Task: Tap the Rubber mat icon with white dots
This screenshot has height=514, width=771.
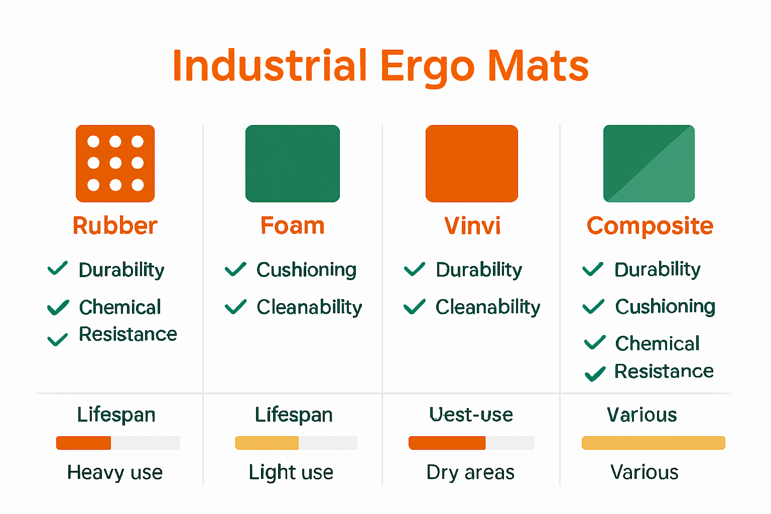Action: (115, 164)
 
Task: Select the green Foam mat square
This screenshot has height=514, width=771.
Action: (293, 164)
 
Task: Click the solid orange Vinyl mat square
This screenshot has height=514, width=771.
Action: (471, 164)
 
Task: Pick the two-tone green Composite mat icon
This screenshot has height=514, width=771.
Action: (649, 164)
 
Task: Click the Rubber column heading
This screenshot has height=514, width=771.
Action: (115, 226)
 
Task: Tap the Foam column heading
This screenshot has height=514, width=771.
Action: (293, 226)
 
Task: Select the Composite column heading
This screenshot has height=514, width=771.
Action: (650, 226)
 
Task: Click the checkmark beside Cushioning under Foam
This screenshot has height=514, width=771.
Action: (235, 270)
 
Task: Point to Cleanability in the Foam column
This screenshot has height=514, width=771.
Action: (309, 307)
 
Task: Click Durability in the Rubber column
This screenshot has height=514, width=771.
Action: (121, 270)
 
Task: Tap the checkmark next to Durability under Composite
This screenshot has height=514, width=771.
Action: (593, 270)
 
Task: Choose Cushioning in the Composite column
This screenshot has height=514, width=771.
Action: (665, 307)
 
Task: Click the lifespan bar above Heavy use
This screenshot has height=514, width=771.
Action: (118, 443)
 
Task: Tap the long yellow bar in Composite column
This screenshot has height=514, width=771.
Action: (653, 443)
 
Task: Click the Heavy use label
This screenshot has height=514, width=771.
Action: (115, 472)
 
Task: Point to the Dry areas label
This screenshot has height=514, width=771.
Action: (470, 472)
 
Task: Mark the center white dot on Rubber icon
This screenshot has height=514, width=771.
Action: (115, 163)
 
